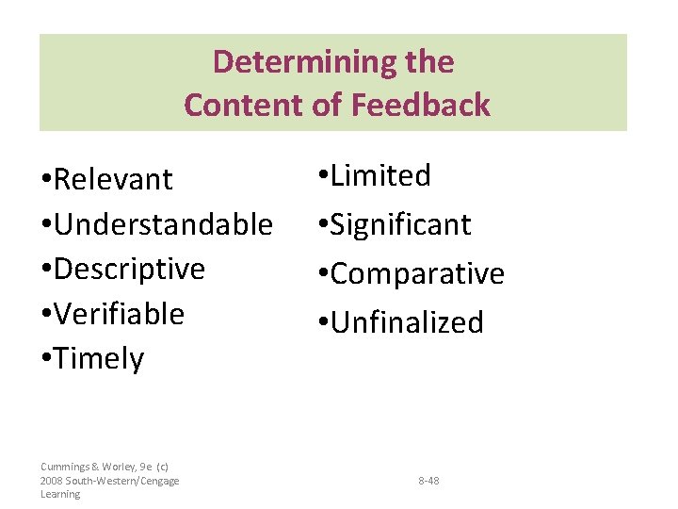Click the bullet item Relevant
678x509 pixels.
coord(114,179)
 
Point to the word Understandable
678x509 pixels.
coord(163,224)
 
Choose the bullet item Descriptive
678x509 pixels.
coord(129,269)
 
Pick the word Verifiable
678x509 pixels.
coord(119,314)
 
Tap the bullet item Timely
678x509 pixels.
coord(99,359)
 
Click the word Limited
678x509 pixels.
coord(380,175)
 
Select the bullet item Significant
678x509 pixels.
coord(400,224)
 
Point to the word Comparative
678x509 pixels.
coord(417,273)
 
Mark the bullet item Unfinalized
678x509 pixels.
coord(407,322)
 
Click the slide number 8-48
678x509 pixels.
coord(428,481)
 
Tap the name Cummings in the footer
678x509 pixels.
coord(64,467)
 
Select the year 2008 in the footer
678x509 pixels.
coord(52,481)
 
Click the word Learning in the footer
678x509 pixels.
coord(60,494)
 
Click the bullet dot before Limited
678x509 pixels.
coord(323,175)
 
